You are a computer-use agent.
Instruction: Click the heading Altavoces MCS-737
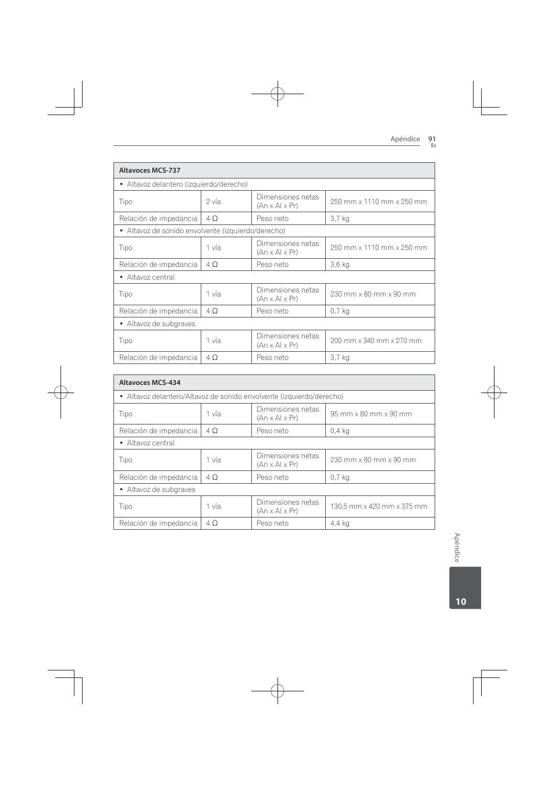pyautogui.click(x=150, y=170)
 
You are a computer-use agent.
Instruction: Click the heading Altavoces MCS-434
pyautogui.click(x=150, y=383)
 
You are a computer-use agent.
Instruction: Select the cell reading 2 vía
pyautogui.click(x=214, y=202)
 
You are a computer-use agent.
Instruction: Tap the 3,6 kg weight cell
pyautogui.click(x=340, y=265)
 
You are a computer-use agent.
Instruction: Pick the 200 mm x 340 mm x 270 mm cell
pyautogui.click(x=376, y=341)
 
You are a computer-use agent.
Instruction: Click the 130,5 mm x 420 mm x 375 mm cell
pyautogui.click(x=379, y=506)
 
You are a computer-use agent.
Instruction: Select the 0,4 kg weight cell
pyautogui.click(x=340, y=431)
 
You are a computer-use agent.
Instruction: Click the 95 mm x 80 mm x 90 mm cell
pyautogui.click(x=371, y=414)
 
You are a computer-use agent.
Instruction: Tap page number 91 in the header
pyautogui.click(x=432, y=139)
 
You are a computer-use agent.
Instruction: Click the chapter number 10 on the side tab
pyautogui.click(x=461, y=602)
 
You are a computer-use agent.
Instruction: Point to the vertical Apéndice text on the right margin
pyautogui.click(x=457, y=548)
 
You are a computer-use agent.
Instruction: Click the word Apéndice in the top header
pyautogui.click(x=405, y=139)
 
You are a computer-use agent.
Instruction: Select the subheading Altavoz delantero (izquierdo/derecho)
pyautogui.click(x=187, y=184)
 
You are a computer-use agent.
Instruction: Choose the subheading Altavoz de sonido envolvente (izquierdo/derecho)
pyautogui.click(x=205, y=231)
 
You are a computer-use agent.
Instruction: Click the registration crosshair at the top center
pyautogui.click(x=277, y=94)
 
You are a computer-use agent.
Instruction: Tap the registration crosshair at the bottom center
pyautogui.click(x=277, y=691)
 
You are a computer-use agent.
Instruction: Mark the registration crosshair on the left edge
pyautogui.click(x=61, y=392)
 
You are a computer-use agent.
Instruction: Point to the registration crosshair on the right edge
pyautogui.click(x=494, y=392)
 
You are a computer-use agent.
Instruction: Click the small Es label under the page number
pyautogui.click(x=433, y=145)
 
